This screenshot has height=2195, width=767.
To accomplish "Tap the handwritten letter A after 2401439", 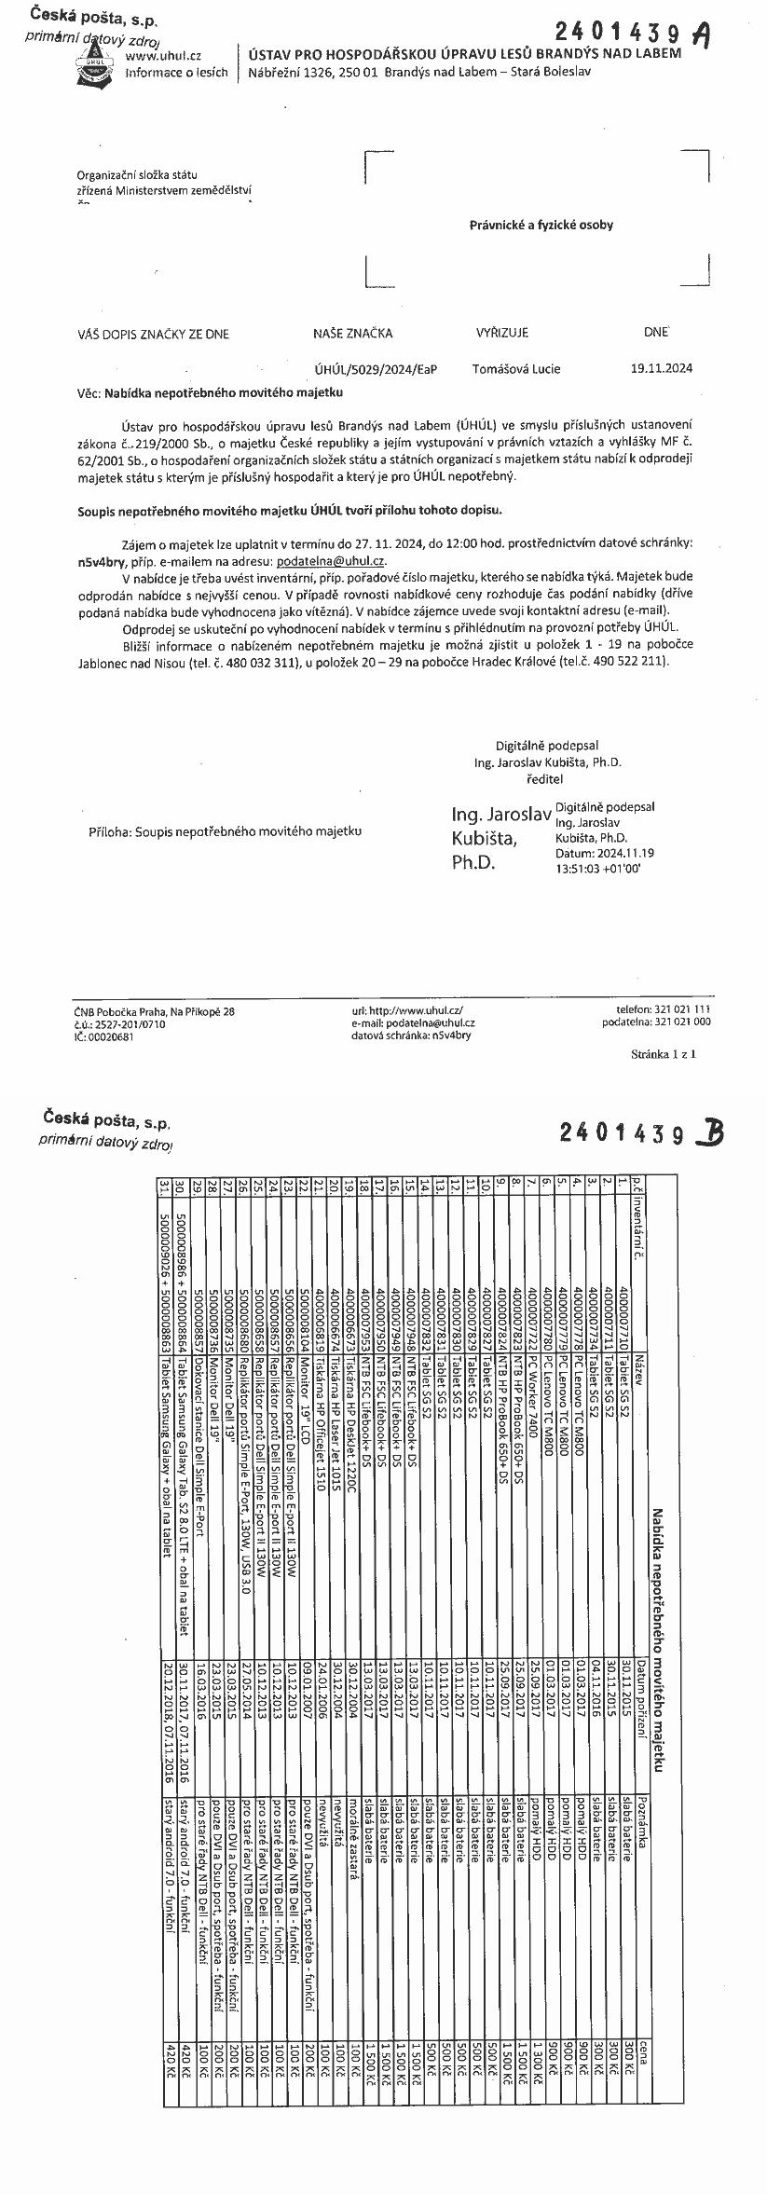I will pyautogui.click(x=704, y=34).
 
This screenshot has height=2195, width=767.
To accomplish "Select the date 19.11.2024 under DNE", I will pyautogui.click(x=662, y=368).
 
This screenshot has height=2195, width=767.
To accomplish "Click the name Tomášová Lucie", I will pyautogui.click(x=516, y=368).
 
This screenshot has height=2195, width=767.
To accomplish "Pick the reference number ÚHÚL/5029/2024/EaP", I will pyautogui.click(x=376, y=369).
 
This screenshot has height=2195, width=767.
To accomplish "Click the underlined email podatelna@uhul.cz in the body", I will pyautogui.click(x=331, y=560).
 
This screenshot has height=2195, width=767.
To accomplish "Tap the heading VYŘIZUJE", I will pyautogui.click(x=502, y=333).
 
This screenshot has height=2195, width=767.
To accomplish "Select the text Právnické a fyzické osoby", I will pyautogui.click(x=541, y=225).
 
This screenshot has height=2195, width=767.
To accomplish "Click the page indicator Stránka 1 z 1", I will pyautogui.click(x=664, y=1054).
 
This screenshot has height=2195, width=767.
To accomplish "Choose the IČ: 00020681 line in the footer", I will pyautogui.click(x=103, y=1036).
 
